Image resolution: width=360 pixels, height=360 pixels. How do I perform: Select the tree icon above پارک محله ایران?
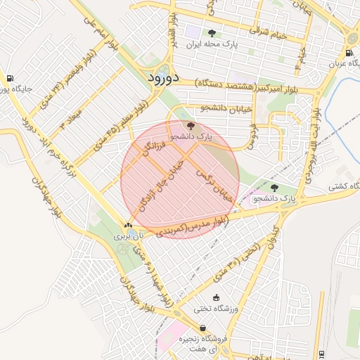point(211,33)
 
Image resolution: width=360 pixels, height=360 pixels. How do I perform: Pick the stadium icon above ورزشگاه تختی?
point(216,297)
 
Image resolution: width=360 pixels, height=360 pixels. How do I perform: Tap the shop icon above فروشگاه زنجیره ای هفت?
point(203,328)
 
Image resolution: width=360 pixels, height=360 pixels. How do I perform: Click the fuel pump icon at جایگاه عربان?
point(349,53)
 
